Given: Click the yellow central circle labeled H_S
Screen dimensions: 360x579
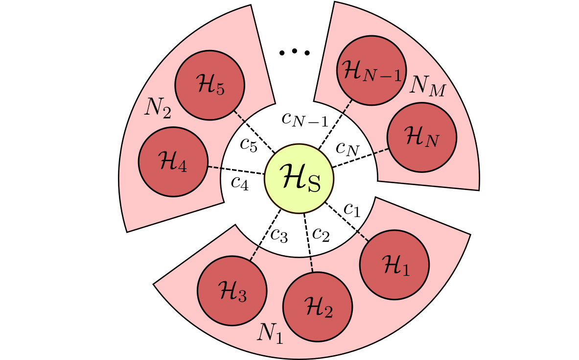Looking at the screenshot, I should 299,179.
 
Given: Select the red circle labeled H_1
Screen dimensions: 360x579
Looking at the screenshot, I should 394,264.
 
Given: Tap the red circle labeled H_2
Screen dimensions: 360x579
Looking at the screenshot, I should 318,307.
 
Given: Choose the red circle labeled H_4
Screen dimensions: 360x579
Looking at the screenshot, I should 173,162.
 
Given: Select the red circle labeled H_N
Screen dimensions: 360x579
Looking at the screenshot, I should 421,137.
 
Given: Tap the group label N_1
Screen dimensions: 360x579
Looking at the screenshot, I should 270,333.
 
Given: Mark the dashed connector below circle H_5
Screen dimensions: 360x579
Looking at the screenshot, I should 238,116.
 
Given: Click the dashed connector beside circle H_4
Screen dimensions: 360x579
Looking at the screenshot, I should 214,168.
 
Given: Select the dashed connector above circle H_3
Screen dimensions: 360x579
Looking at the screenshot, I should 254,252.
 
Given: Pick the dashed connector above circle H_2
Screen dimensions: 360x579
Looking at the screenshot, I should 311,265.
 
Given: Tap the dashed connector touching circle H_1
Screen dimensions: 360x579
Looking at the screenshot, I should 363,236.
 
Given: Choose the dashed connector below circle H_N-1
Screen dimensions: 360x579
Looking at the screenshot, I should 347,106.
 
